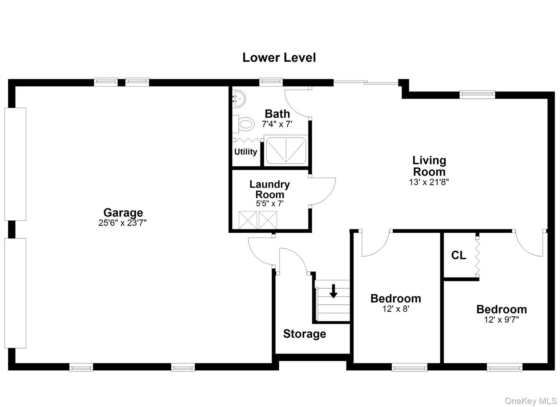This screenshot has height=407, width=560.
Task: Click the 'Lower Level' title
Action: [279, 58]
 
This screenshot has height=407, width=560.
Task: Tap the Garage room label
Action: [123, 212]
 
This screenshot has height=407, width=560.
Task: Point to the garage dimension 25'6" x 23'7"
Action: [122, 223]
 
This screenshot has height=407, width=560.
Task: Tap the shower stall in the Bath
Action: [286, 151]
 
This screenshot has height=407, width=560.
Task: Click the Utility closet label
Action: [246, 152]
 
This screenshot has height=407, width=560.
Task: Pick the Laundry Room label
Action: [270, 189]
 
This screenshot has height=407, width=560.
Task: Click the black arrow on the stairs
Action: [333, 291]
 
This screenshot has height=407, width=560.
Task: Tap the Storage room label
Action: [305, 334]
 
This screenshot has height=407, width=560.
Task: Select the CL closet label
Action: [459, 255]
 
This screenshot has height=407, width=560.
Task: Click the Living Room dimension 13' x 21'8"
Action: [429, 182]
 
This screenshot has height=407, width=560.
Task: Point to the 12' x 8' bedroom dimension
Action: [396, 309]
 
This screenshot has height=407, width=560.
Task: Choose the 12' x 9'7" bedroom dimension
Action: [501, 320]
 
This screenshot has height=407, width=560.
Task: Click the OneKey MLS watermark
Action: [530, 401]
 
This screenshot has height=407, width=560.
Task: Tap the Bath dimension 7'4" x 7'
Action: [277, 124]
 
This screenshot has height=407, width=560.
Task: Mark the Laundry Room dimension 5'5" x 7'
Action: [270, 204]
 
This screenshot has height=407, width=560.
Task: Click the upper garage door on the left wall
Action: [15, 164]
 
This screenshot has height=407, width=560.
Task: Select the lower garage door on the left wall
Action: [15, 293]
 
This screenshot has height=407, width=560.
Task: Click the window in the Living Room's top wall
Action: [477, 95]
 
